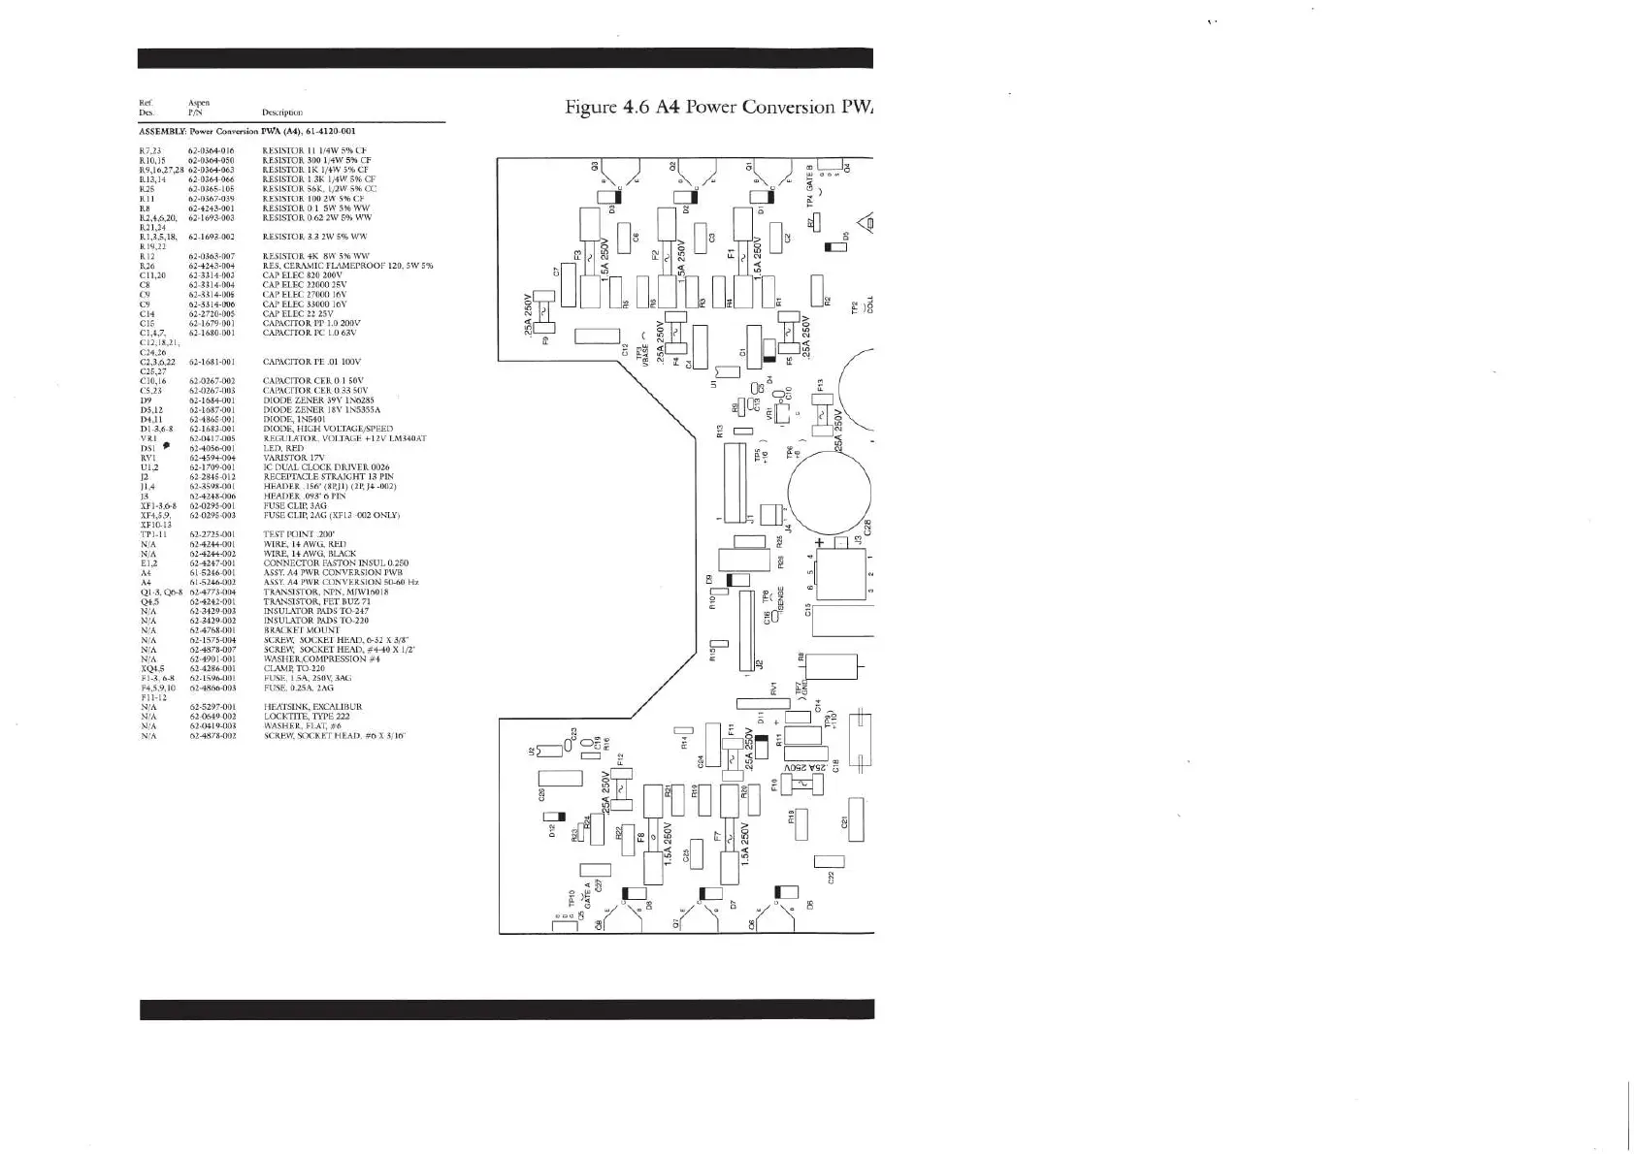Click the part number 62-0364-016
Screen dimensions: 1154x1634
(x=211, y=151)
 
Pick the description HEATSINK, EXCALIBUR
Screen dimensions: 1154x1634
(x=312, y=707)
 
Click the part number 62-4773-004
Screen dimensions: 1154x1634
(x=212, y=593)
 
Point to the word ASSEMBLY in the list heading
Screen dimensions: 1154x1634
(x=161, y=131)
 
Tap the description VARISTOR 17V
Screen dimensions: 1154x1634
(x=290, y=459)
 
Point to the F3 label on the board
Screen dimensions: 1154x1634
(x=577, y=256)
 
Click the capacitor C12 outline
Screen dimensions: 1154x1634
(x=596, y=337)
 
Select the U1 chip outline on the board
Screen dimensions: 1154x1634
(x=726, y=370)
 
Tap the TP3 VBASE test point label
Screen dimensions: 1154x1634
(x=642, y=351)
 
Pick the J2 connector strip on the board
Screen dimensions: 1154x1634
(x=745, y=630)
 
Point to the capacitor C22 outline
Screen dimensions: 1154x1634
(x=829, y=861)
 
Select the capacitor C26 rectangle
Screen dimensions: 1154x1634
(x=553, y=779)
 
